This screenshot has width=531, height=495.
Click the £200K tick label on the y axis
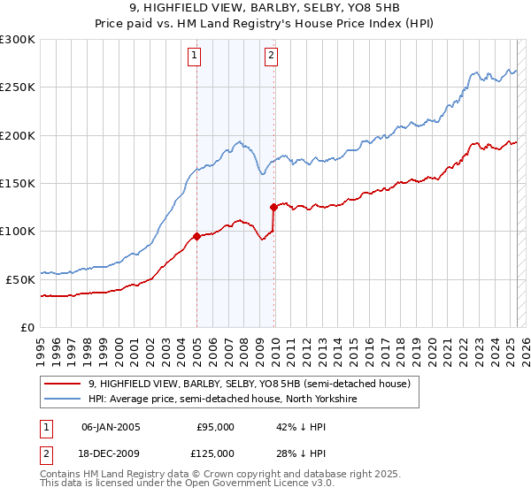[18, 136]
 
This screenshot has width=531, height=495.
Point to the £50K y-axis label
[20, 279]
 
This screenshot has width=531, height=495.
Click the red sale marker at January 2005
[196, 236]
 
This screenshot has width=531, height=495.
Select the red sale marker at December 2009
[273, 207]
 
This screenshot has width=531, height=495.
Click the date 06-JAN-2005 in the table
[110, 427]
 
